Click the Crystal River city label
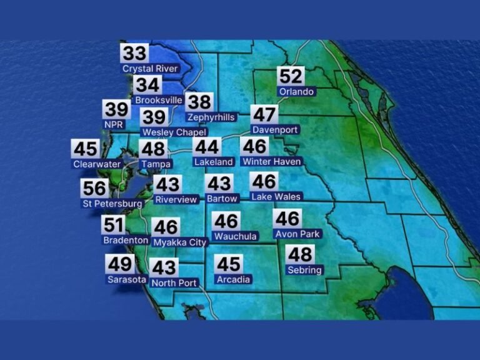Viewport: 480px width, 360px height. point(150,69)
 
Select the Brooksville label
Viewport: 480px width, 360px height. point(159,100)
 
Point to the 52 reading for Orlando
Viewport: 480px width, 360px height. point(291,76)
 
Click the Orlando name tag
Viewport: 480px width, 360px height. point(296,91)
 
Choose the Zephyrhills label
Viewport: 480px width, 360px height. point(211,117)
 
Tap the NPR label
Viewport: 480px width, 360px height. point(114,124)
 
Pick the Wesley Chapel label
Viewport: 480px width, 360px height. point(166,132)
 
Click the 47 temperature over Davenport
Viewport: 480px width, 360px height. point(264,115)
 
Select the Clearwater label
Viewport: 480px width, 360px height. point(94,164)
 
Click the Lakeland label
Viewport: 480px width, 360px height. point(214,162)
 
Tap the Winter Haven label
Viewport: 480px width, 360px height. point(271,162)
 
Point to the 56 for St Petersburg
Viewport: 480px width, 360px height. point(95,188)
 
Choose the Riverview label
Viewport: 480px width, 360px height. point(176,200)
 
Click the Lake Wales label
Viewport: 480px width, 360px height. point(276,196)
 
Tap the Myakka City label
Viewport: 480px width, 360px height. point(179,242)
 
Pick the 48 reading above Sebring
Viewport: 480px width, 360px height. point(300,254)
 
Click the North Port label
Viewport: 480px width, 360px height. point(174,283)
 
